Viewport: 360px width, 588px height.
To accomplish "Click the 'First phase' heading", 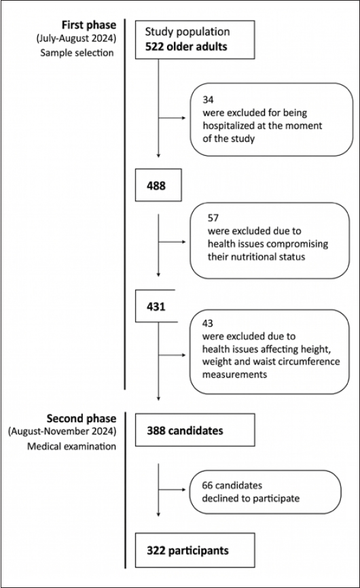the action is click(89, 25).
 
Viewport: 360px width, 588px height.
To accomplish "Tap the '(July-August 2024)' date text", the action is click(76, 38).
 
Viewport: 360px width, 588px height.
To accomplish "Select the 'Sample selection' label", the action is click(77, 52).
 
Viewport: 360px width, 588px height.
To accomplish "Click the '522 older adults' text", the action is click(186, 46).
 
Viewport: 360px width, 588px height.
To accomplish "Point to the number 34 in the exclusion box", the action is click(208, 99).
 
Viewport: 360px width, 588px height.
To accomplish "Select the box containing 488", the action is click(158, 185).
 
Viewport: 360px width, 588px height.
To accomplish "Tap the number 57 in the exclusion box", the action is click(213, 218).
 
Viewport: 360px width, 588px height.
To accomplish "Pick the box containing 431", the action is click(156, 306).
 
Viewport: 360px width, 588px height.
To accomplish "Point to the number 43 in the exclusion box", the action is click(208, 324).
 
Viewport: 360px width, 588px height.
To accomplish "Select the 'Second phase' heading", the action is click(82, 419).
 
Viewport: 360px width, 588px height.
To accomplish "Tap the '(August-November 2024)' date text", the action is click(62, 432).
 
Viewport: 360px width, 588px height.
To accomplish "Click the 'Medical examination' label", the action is click(71, 446).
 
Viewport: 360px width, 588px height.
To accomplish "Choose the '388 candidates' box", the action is click(195, 430).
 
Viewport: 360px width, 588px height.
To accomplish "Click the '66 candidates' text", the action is click(232, 485).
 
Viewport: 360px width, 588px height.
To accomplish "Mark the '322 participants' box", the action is click(195, 550).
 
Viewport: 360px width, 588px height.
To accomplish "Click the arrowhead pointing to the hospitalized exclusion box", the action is click(183, 118).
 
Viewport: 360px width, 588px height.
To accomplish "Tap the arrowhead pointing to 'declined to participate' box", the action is click(183, 489).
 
